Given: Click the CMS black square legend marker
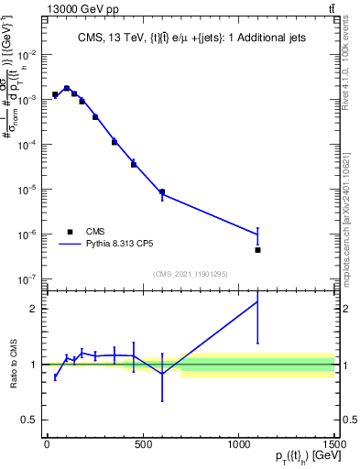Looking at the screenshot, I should click(70, 232).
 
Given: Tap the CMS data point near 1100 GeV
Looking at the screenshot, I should click(258, 249).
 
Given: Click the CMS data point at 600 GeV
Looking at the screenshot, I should click(162, 192).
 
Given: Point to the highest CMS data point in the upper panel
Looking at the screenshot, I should click(67, 88).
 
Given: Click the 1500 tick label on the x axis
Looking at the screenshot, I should click(334, 446).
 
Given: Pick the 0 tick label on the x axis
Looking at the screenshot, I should click(47, 446).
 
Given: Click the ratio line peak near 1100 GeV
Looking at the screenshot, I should click(258, 301).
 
